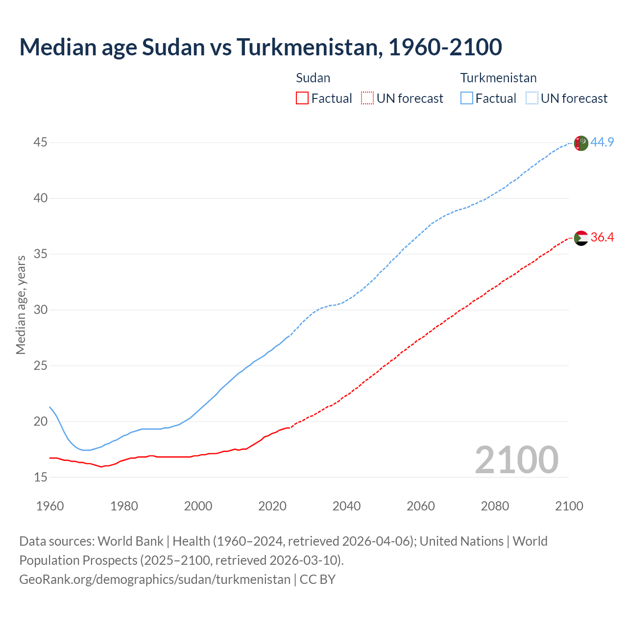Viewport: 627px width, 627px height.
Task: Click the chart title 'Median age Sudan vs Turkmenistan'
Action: coord(260,47)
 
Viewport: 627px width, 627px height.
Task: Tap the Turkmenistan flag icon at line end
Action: coord(581,143)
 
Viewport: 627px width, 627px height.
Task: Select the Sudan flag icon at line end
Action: coord(581,238)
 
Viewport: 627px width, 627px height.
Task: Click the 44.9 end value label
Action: coord(602,143)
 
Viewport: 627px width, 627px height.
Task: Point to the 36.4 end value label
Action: coord(602,238)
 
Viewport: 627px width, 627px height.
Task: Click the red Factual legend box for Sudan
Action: coord(302,98)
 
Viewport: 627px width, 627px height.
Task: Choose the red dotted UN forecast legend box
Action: coord(367,98)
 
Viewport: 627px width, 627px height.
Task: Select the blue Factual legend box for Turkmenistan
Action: coord(466,98)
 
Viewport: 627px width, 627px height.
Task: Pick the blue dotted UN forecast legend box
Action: coord(531,98)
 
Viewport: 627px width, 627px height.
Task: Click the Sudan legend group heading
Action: coord(313,78)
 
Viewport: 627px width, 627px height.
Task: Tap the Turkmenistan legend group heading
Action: coord(498,78)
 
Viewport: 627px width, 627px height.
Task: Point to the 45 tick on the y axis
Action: coord(41,143)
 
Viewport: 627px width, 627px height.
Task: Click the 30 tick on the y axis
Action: coord(41,310)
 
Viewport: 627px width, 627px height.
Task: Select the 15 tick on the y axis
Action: coord(41,477)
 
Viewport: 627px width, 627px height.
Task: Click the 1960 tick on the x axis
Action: coord(50,506)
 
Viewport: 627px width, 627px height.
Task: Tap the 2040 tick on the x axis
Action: coord(346,506)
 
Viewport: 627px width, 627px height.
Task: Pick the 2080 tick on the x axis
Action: coord(495,506)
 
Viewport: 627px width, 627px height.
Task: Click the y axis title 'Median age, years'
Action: coord(21,305)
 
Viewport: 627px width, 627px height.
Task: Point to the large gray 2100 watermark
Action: coord(516,459)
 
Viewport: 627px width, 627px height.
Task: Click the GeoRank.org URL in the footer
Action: coord(155,579)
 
